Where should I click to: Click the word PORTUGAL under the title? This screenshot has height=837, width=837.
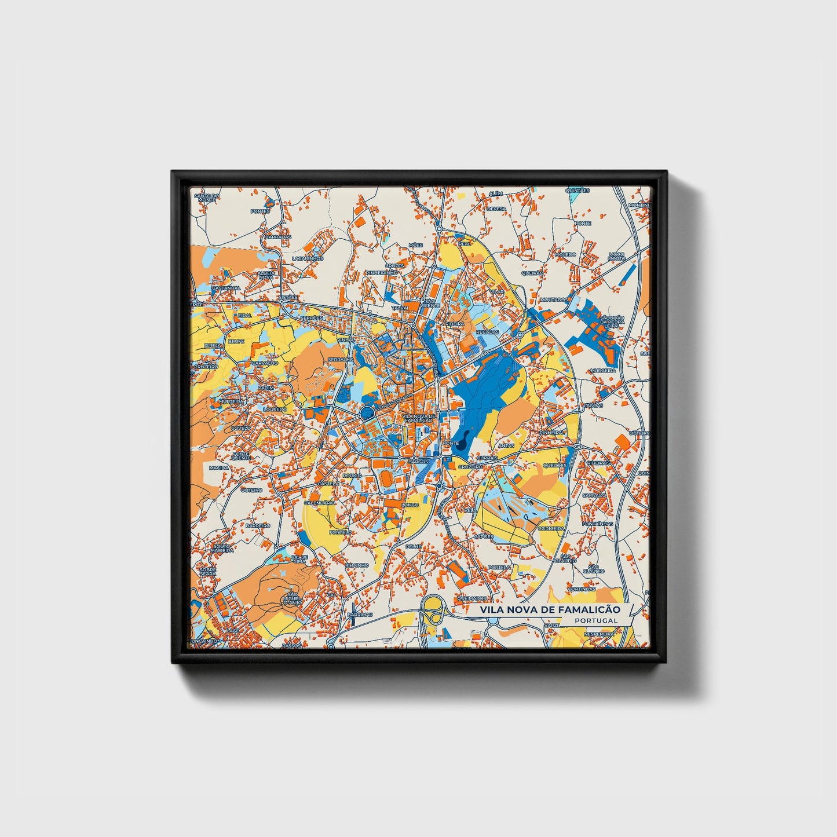596,620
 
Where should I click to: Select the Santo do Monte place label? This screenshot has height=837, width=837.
207,198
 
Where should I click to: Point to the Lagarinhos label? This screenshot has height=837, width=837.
307,258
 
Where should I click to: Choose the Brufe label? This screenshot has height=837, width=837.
236,342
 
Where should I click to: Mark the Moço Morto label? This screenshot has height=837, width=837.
616,256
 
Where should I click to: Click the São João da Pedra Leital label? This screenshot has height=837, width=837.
612,321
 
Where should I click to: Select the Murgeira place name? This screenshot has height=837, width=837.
602,370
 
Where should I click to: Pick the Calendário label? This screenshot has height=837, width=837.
320,503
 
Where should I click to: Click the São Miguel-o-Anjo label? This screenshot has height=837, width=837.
292,597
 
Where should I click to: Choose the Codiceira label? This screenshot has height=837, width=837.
551,528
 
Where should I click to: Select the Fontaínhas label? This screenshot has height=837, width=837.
598,524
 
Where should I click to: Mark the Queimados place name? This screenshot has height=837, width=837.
472,598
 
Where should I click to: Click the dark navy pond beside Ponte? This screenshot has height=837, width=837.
460,444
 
